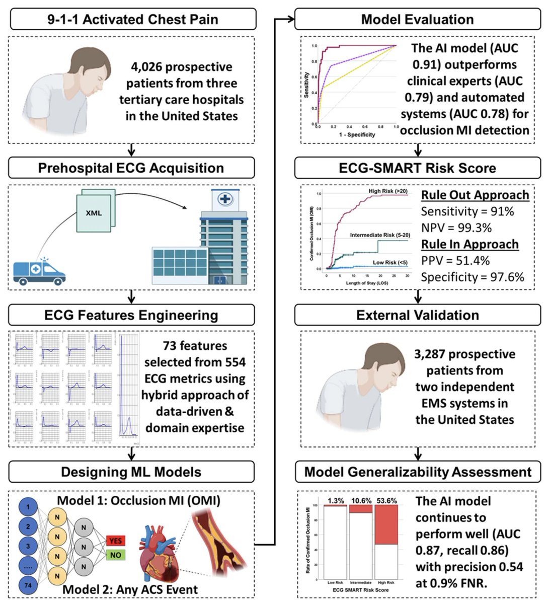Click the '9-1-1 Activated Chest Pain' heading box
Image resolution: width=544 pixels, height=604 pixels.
coord(132,20)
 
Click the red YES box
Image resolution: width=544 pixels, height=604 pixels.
coord(116,541)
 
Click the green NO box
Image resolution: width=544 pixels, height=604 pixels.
coord(116,555)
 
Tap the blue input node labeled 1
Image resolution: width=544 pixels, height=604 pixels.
coord(28,506)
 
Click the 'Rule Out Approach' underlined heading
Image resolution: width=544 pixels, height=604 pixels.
coord(475,195)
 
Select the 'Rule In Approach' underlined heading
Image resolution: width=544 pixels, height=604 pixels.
coord(470,244)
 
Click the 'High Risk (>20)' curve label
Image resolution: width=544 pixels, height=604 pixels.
coord(388,192)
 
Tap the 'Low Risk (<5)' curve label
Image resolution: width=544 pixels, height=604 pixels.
coord(390,262)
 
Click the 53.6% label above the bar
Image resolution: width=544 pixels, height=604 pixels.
coord(386,500)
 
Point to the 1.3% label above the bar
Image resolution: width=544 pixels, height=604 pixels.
coord(336,500)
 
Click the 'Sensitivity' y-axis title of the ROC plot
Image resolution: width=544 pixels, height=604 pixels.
coord(306,85)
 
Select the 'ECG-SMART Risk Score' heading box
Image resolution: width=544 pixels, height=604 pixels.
coord(417,168)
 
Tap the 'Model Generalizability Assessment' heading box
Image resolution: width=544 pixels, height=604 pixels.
coord(417,472)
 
